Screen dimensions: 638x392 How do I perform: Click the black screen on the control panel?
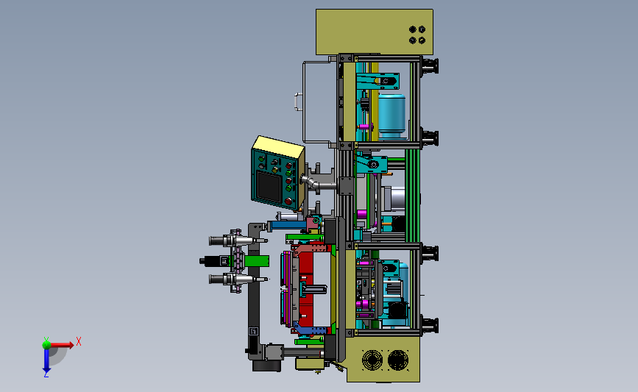[269, 186]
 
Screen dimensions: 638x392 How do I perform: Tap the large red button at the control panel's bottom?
[288, 201]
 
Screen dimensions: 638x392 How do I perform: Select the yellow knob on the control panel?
[274, 170]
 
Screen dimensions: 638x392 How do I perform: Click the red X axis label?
[79, 341]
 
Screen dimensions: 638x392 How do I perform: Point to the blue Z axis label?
[46, 374]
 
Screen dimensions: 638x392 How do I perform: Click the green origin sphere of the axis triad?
[46, 345]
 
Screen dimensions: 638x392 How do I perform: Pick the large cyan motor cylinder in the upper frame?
[391, 116]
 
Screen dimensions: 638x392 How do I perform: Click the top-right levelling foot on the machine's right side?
[430, 66]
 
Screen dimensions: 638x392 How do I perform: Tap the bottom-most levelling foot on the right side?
[430, 325]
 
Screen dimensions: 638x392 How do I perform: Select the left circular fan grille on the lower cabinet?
[372, 360]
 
